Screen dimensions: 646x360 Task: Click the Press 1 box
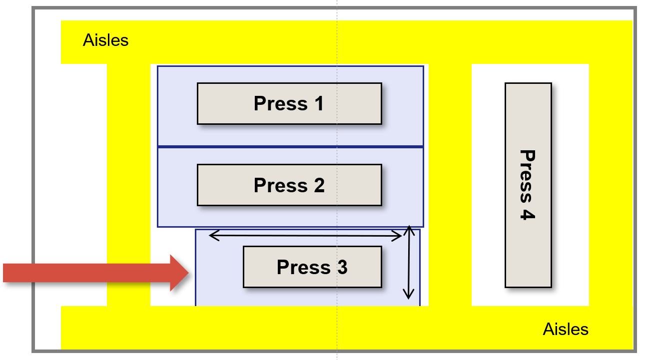289,103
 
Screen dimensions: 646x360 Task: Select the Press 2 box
289,185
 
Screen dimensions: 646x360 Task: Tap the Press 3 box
312,267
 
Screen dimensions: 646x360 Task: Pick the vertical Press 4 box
528,185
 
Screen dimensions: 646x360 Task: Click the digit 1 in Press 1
319,103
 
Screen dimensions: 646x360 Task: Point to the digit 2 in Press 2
319,185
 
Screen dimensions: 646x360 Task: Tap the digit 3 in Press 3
342,267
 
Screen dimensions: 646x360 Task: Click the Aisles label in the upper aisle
105,40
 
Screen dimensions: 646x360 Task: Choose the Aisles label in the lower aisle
566,329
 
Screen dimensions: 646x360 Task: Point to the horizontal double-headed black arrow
305,236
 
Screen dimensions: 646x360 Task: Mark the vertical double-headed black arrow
409,263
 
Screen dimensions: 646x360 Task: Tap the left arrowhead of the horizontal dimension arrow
210,235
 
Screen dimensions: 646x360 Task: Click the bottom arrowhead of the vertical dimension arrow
408,298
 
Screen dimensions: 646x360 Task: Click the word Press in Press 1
281,103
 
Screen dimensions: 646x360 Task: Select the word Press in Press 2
281,185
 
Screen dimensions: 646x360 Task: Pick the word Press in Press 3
304,267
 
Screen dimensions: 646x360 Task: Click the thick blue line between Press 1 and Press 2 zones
290,147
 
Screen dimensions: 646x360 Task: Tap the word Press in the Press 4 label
528,176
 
